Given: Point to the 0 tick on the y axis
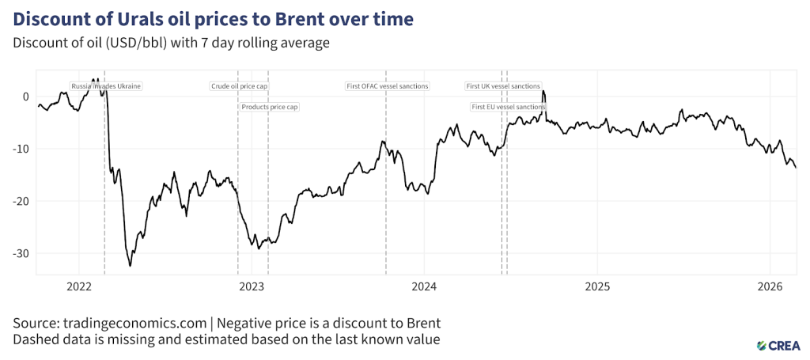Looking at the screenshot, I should tap(25, 97).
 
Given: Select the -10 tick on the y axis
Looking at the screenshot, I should tap(21, 149).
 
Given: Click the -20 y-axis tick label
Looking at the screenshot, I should tap(21, 201).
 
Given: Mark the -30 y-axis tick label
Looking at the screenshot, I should tap(21, 253).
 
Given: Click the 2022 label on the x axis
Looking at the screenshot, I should tap(79, 286).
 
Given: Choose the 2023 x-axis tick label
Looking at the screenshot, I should tap(252, 286).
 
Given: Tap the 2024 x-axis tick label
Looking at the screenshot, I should tap(424, 286).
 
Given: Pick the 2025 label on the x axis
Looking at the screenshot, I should tap(597, 286).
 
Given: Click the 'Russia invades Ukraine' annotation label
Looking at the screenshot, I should tap(106, 85).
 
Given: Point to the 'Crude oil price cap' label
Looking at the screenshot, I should tap(240, 85).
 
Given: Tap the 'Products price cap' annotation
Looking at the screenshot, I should tap(270, 106).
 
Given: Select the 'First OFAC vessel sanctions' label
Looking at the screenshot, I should tap(388, 85).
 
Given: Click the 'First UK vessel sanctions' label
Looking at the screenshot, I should tap(503, 85).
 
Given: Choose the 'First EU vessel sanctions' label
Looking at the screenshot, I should tap(508, 106).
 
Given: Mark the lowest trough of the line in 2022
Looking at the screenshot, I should tap(131, 266).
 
